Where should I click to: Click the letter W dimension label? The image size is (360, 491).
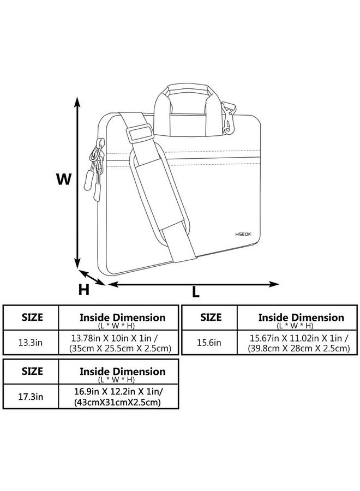64,179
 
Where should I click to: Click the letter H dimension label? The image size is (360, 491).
83,290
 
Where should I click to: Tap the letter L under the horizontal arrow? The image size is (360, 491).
196,292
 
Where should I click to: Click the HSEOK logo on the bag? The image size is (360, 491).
243,234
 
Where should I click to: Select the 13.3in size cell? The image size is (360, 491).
31,342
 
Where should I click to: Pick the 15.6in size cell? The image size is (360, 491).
209,342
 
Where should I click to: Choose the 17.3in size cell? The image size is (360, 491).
31,397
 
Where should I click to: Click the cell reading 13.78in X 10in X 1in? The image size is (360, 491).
118,342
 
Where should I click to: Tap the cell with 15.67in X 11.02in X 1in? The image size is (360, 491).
297,342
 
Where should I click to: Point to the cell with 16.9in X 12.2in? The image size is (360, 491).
118,397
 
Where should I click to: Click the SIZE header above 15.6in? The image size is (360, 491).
211,317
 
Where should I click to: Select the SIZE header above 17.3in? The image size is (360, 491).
32,371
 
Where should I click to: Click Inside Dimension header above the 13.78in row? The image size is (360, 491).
122,318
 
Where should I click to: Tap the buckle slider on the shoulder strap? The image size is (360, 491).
140,134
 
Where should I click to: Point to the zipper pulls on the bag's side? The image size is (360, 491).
94,169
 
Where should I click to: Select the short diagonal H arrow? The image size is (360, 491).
92,278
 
